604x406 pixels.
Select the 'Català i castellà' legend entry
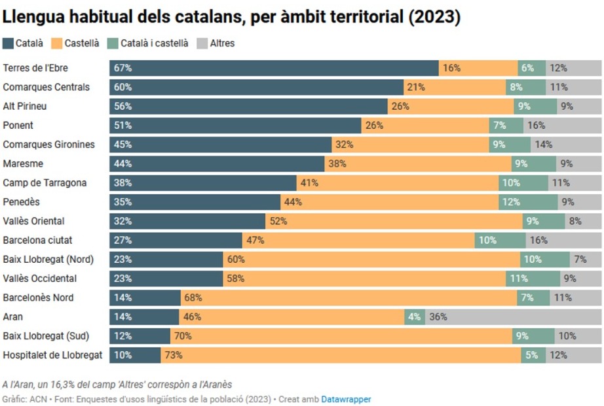154,43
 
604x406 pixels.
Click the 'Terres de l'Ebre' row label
35,68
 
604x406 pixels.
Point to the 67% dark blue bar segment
274,68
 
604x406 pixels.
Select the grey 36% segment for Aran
513,317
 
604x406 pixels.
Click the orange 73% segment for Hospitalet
341,356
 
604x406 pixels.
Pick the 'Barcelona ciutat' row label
38,241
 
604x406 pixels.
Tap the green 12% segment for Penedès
529,202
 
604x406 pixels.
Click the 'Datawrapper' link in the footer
346,398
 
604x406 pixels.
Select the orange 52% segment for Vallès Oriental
394,221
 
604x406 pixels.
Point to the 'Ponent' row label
18,126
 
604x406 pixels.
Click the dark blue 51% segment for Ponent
235,126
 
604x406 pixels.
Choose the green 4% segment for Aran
415,317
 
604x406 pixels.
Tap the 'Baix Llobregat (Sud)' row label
46,336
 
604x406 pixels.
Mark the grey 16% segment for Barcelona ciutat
563,241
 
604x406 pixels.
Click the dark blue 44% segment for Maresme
217,163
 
